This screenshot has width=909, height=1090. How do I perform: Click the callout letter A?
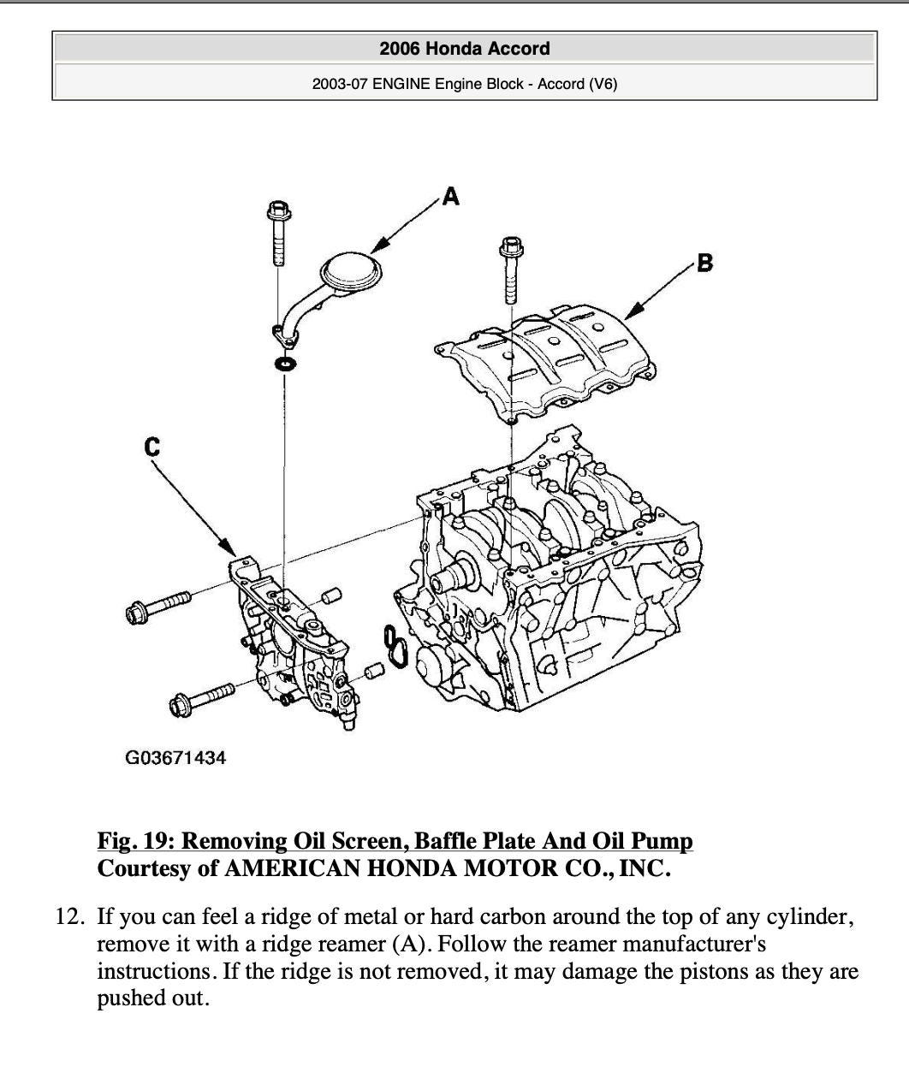(450, 197)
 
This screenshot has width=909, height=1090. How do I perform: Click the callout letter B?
(704, 263)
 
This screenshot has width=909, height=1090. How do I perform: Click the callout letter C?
(152, 446)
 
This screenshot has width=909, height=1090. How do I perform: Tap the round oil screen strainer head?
(351, 273)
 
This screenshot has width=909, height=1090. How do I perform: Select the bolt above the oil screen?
(277, 232)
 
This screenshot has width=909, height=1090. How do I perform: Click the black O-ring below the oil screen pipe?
(285, 365)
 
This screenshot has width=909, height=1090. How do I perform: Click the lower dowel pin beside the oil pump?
(372, 672)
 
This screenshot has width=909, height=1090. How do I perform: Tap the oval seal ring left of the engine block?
(394, 647)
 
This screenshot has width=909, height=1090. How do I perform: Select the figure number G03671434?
(175, 757)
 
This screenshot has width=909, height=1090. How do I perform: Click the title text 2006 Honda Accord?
(464, 49)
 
